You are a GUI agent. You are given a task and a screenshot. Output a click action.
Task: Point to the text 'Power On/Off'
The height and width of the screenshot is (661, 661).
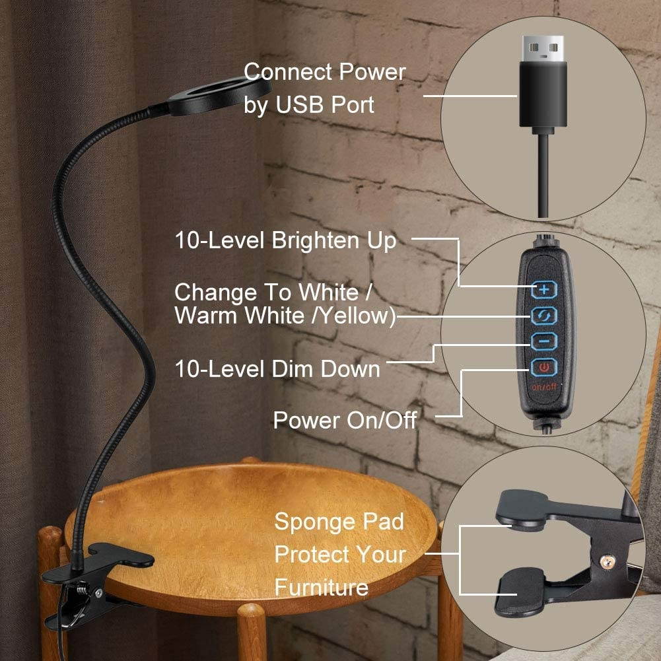click(345, 420)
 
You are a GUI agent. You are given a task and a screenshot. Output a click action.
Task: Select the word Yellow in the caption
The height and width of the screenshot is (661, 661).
click(357, 316)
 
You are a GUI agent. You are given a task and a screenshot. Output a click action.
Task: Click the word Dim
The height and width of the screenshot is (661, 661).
click(295, 368)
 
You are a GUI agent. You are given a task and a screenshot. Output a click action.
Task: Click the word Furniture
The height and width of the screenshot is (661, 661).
click(321, 587)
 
